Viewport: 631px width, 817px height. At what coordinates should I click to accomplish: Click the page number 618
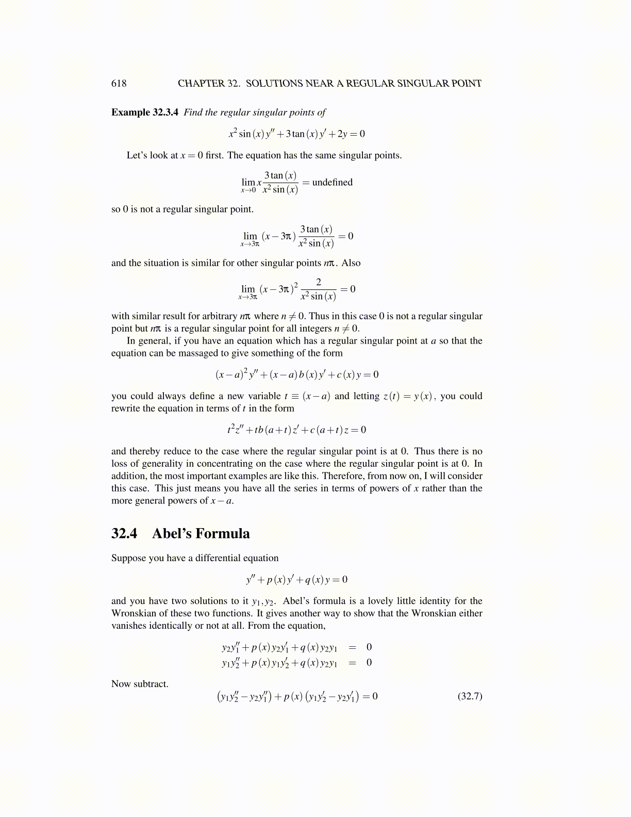point(119,84)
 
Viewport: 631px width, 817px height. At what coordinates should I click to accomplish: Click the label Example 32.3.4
point(144,112)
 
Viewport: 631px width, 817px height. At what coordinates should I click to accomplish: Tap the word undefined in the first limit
point(333,182)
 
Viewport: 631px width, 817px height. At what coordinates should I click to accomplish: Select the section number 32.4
point(124,533)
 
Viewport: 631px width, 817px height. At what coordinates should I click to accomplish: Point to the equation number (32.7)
point(470,696)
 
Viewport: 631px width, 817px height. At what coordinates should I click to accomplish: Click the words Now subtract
point(140,684)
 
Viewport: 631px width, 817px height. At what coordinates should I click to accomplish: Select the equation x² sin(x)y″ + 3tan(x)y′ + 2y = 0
point(297,134)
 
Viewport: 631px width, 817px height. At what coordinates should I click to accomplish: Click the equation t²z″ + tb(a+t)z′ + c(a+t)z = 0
point(297,430)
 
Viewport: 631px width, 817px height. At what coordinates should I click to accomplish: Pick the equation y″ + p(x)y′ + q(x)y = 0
point(297,579)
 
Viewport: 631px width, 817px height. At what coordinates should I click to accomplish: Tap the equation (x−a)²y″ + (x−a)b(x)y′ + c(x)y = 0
point(297,374)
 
